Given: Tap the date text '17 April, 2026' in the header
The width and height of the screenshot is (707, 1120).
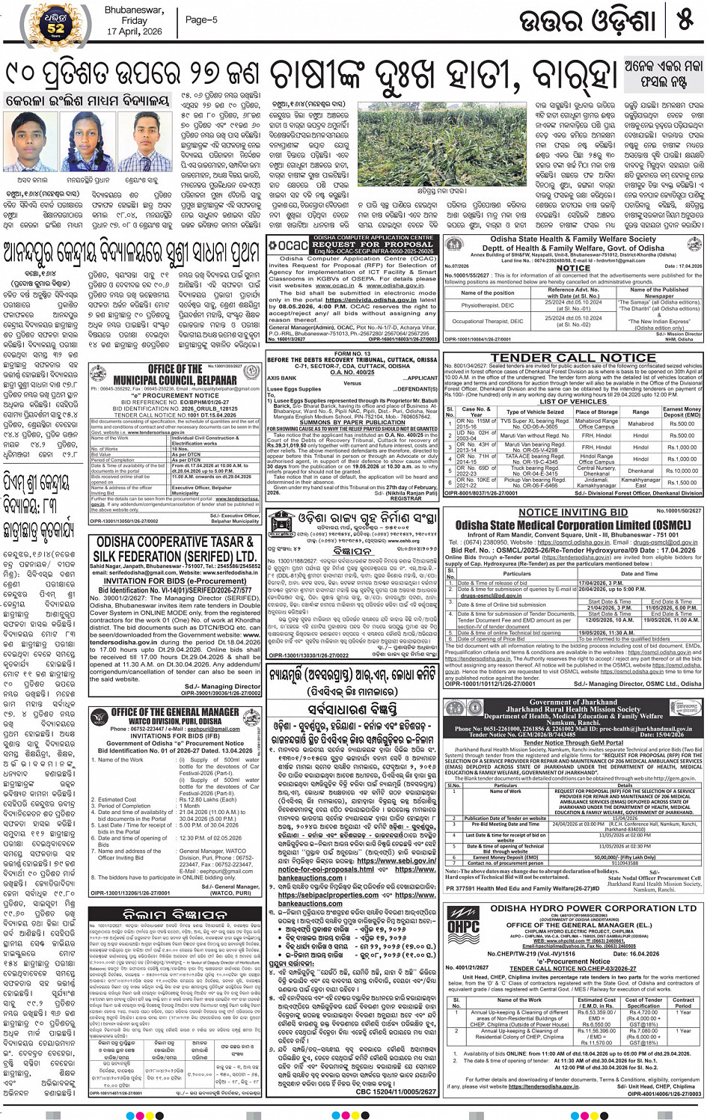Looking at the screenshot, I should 135,32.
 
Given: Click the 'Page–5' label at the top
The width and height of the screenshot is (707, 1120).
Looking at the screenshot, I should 201,20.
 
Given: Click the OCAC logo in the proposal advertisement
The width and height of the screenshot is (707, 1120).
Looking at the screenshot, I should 288,245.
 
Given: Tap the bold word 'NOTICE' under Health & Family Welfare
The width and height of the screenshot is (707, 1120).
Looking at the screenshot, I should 573,268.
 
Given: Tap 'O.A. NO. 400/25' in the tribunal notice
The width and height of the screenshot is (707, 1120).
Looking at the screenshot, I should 352,372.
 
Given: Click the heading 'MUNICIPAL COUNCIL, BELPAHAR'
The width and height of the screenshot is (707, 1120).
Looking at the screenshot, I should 174,380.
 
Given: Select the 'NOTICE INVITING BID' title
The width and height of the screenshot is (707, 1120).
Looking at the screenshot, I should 573,512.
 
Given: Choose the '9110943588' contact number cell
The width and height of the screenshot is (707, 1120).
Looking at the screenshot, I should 625,863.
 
